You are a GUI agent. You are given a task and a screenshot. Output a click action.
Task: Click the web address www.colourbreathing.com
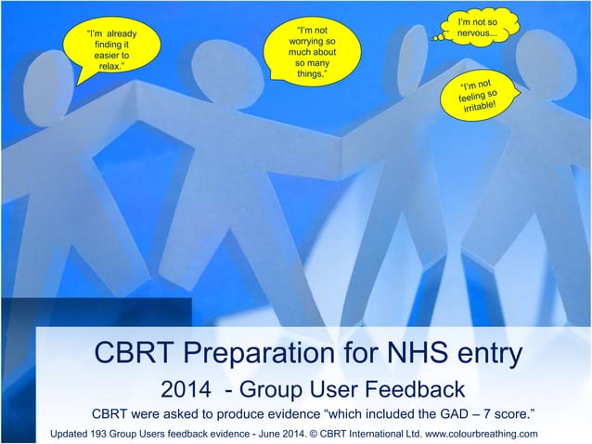(x=483, y=434)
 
